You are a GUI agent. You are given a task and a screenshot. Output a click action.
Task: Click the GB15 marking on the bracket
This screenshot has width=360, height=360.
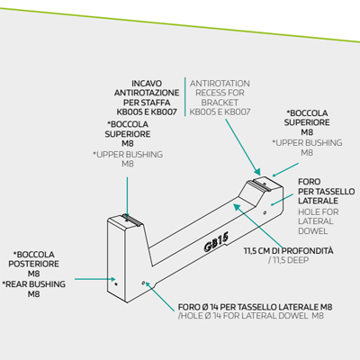[x=216, y=242]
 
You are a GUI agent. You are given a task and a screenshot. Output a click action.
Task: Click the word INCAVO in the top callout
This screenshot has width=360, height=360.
[x=147, y=84]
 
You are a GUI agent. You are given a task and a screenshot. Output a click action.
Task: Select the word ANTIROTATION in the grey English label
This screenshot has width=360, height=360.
[x=220, y=84]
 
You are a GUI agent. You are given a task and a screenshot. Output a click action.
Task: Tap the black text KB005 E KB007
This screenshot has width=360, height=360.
[x=147, y=112]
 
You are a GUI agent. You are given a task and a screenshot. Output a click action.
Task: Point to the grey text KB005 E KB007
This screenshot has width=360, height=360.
[x=220, y=112]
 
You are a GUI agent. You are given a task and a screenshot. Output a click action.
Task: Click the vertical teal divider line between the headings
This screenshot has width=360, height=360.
[x=184, y=97]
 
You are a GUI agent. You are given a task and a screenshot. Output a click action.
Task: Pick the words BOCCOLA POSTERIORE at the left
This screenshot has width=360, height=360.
[x=34, y=259]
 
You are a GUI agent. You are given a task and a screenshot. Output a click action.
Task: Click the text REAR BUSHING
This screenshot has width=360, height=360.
[x=35, y=284]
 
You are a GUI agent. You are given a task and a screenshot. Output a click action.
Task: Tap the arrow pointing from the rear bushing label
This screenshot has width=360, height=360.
[x=95, y=279]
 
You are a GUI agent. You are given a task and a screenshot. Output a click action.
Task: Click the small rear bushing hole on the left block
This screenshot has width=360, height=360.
[x=116, y=283]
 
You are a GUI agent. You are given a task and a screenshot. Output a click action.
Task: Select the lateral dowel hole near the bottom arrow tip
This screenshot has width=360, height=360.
[x=143, y=283]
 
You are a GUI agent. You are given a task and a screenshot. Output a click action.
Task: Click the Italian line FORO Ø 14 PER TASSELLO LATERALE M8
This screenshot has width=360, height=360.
[x=255, y=307]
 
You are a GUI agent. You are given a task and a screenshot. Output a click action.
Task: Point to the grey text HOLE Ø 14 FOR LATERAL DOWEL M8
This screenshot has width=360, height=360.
[x=251, y=316]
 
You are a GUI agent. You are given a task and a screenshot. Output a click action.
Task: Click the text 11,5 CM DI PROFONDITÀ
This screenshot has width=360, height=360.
[x=288, y=250]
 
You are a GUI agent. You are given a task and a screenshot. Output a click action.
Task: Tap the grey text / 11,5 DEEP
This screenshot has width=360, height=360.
[x=288, y=260]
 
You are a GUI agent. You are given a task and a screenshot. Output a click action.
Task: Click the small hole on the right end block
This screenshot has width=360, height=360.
[x=265, y=212]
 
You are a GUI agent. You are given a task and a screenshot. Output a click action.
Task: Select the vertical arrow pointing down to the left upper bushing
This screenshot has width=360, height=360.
[x=127, y=197]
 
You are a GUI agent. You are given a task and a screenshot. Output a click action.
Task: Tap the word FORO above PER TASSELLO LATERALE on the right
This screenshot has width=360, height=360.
[x=310, y=182]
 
